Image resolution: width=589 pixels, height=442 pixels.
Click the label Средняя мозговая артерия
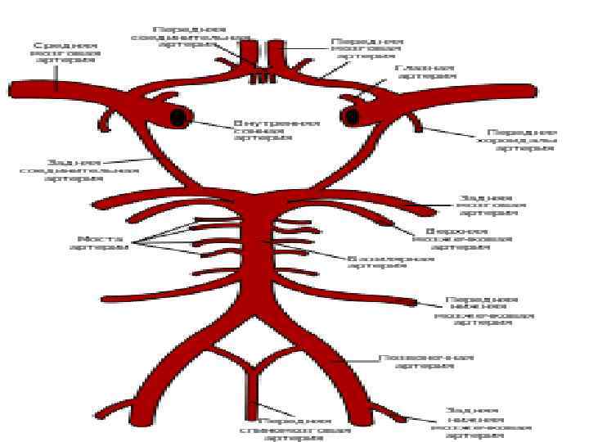(67, 52)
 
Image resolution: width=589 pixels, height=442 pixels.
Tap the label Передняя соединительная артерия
(191, 37)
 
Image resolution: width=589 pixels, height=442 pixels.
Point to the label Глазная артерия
(425, 72)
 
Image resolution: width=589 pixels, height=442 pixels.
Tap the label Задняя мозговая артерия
(486, 205)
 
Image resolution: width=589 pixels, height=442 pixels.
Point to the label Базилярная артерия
(391, 261)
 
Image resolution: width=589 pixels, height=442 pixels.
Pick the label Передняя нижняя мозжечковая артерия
(483, 310)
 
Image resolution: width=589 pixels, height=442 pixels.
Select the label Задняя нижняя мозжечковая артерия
(488, 422)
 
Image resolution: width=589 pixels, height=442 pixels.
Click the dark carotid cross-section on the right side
(353, 117)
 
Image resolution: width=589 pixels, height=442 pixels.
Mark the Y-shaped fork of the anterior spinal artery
(256, 378)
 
